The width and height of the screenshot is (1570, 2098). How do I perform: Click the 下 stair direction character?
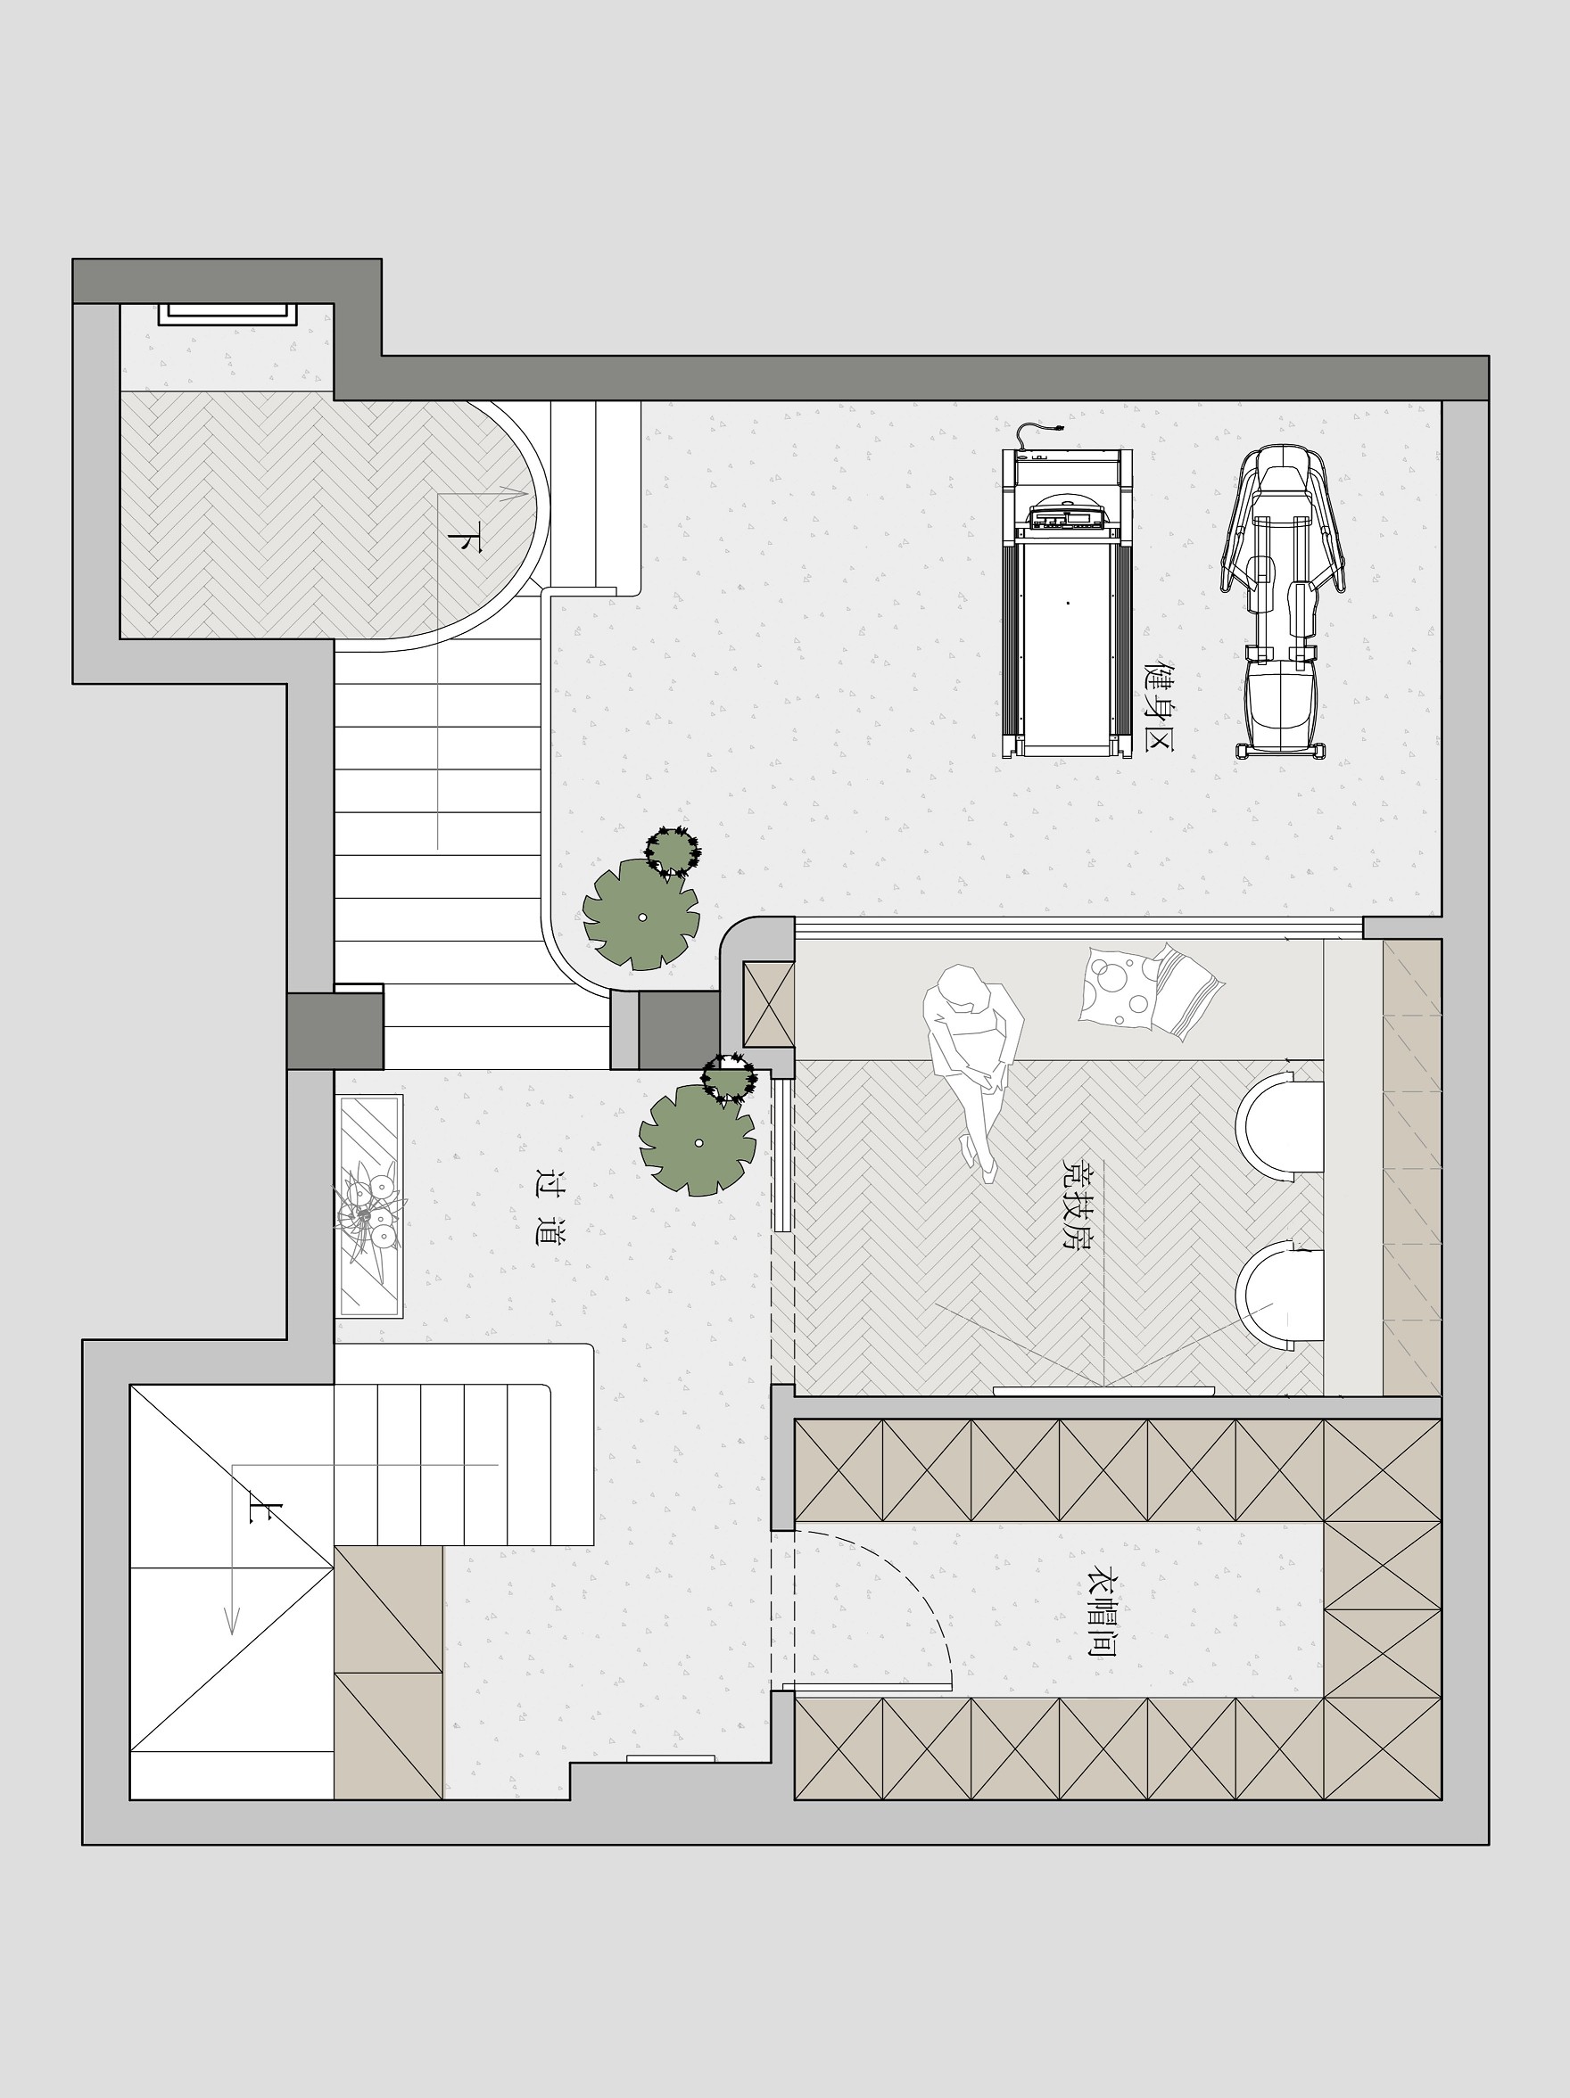(465, 537)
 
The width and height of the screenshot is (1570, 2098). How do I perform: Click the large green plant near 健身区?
(640, 914)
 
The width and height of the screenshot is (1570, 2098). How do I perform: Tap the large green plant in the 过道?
(698, 1140)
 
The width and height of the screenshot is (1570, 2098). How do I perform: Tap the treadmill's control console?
(1067, 517)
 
